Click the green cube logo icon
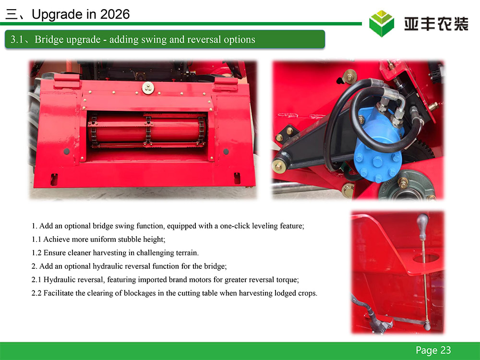click(x=382, y=24)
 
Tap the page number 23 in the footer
click(x=446, y=350)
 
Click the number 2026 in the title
click(x=115, y=14)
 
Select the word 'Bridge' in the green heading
click(x=48, y=39)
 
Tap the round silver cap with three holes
click(x=148, y=88)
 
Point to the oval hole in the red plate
click(x=426, y=258)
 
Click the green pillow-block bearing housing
click(x=407, y=187)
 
